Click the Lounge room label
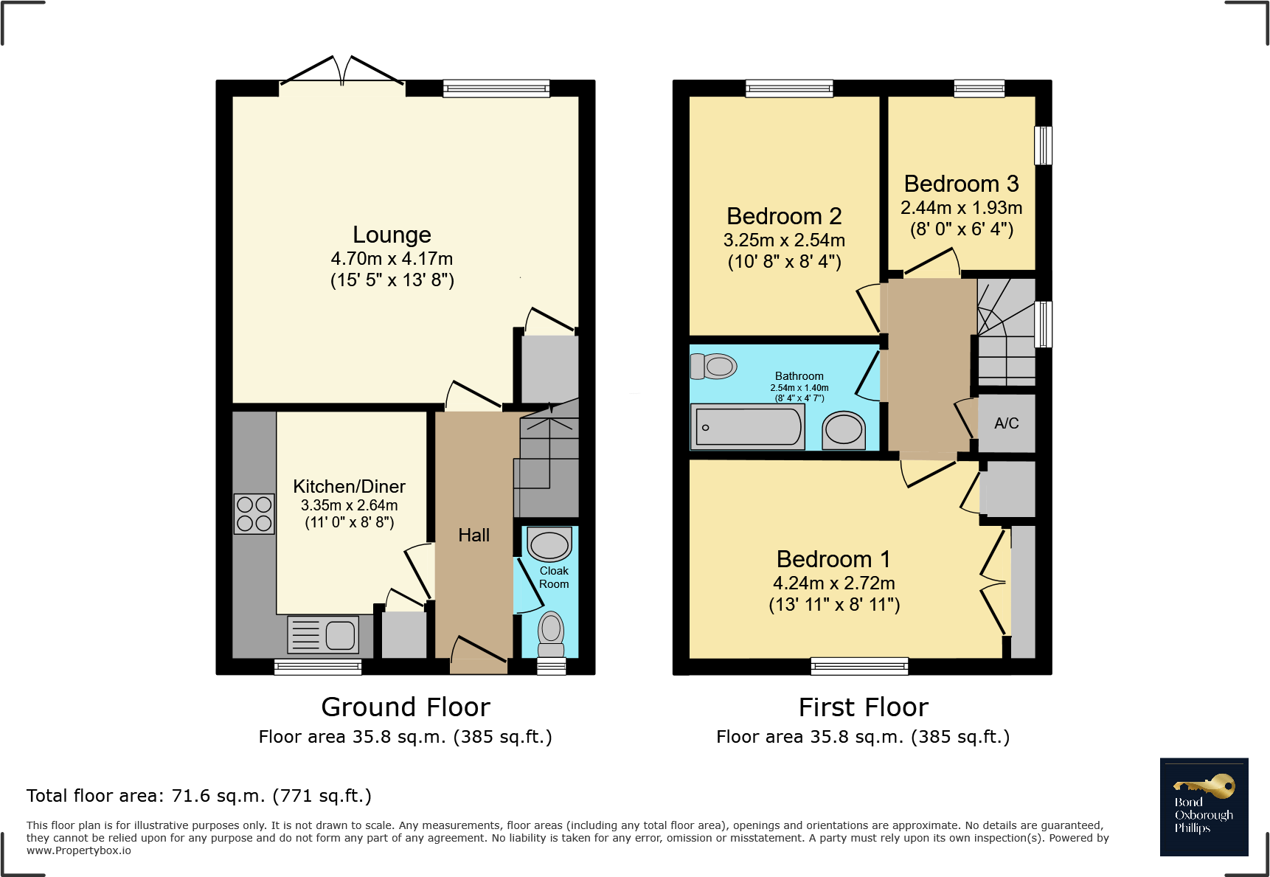392,235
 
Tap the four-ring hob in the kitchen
254,513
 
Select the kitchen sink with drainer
323,634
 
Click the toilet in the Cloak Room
551,633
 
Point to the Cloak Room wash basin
549,544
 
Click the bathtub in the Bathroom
748,426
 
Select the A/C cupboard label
1006,423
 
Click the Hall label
473,535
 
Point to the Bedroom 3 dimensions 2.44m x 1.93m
961,208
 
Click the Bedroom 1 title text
833,559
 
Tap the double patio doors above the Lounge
342,72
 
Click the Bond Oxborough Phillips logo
1204,806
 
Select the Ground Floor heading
406,707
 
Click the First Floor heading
863,707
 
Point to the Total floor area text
199,796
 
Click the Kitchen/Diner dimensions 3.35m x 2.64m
349,505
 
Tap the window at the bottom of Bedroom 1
859,666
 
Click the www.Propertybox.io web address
79,850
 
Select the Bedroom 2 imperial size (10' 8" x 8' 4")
784,262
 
